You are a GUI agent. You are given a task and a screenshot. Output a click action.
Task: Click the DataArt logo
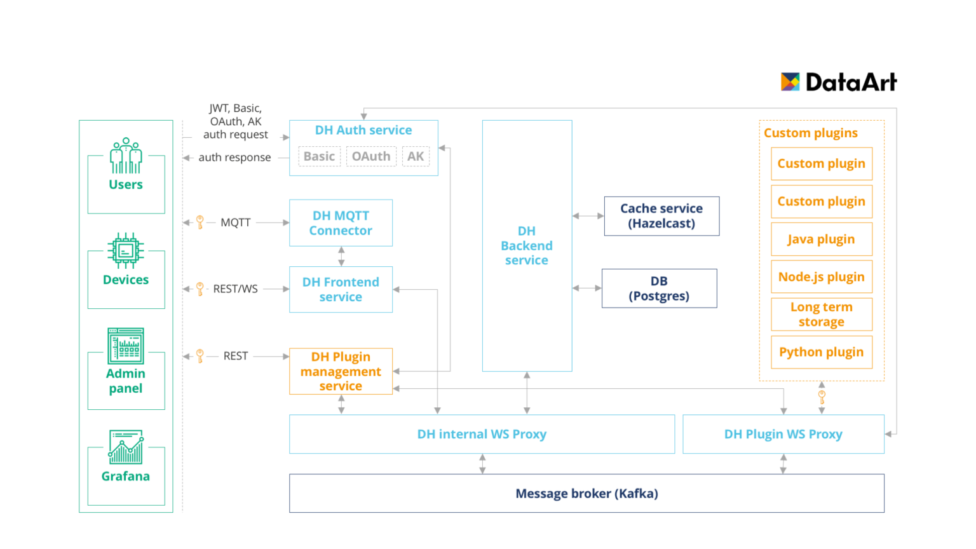pyautogui.click(x=838, y=82)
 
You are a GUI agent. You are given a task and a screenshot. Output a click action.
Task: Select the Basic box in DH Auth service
pyautogui.click(x=319, y=156)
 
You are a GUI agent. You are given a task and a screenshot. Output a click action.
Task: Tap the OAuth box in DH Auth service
pyautogui.click(x=371, y=156)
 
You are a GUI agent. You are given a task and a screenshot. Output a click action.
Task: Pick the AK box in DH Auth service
pyautogui.click(x=416, y=156)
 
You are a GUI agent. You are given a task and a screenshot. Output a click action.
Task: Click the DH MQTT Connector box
pyautogui.click(x=341, y=223)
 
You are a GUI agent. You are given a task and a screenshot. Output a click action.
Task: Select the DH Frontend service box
pyautogui.click(x=341, y=290)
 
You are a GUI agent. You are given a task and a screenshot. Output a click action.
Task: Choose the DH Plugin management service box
pyautogui.click(x=341, y=371)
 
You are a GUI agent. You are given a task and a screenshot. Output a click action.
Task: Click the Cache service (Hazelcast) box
pyautogui.click(x=661, y=216)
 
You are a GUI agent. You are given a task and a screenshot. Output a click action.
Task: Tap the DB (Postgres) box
pyautogui.click(x=659, y=288)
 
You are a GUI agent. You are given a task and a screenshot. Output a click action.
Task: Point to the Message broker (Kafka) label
pyautogui.click(x=586, y=494)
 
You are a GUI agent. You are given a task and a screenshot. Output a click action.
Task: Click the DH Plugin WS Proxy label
pyautogui.click(x=783, y=434)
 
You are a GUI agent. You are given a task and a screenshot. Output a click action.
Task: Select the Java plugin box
pyautogui.click(x=821, y=239)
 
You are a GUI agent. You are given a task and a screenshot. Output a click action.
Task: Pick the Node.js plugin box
pyautogui.click(x=821, y=277)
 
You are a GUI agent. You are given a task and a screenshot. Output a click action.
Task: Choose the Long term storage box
pyautogui.click(x=821, y=315)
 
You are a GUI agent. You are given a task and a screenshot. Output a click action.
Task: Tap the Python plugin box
pyautogui.click(x=821, y=352)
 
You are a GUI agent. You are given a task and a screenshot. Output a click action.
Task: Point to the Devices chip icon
pyautogui.click(x=126, y=250)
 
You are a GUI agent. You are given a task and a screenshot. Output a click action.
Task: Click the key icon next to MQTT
pyautogui.click(x=200, y=222)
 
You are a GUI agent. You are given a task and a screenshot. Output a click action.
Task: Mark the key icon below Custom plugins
pyautogui.click(x=822, y=398)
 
